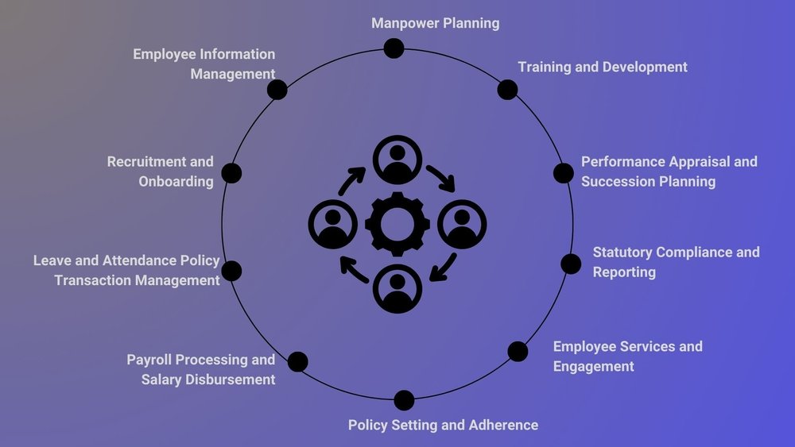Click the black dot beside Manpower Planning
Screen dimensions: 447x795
[394, 48]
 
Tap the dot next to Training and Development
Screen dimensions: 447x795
[507, 89]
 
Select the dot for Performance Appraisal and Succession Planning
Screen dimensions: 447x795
[563, 173]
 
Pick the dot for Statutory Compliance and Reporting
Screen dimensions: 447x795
[571, 264]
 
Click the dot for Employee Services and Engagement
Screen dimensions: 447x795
[518, 351]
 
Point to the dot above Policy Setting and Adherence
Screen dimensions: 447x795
[404, 400]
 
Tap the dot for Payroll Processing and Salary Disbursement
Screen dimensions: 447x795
[297, 362]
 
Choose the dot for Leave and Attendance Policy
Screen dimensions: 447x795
[231, 271]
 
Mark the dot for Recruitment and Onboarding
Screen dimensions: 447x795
[231, 173]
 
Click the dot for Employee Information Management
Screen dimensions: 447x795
[277, 89]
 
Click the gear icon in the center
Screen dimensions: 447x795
[397, 224]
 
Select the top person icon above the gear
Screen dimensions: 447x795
[397, 160]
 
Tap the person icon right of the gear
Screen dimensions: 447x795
[462, 224]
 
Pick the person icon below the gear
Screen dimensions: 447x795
[397, 289]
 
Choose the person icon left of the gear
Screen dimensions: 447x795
[332, 224]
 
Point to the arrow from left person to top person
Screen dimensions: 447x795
[351, 180]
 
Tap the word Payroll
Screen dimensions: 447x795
[151, 360]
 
